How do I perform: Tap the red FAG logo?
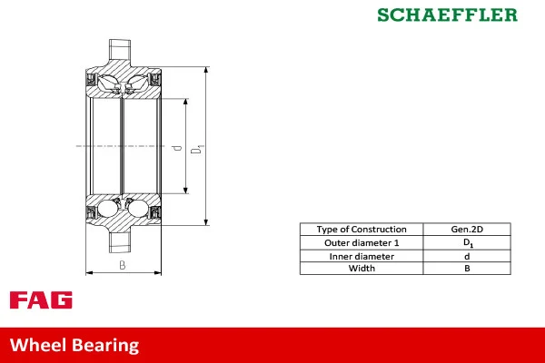tap(41, 300)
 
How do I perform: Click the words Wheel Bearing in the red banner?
tap(74, 345)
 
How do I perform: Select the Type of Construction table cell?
tap(361, 230)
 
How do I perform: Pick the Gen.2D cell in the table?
tap(467, 230)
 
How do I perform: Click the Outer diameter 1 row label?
tap(361, 243)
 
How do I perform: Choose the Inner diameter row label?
tap(361, 256)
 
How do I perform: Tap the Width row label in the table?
tap(361, 269)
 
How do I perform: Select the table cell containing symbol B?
tap(467, 269)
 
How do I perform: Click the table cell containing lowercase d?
tap(467, 256)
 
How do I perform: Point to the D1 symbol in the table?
tap(468, 243)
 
